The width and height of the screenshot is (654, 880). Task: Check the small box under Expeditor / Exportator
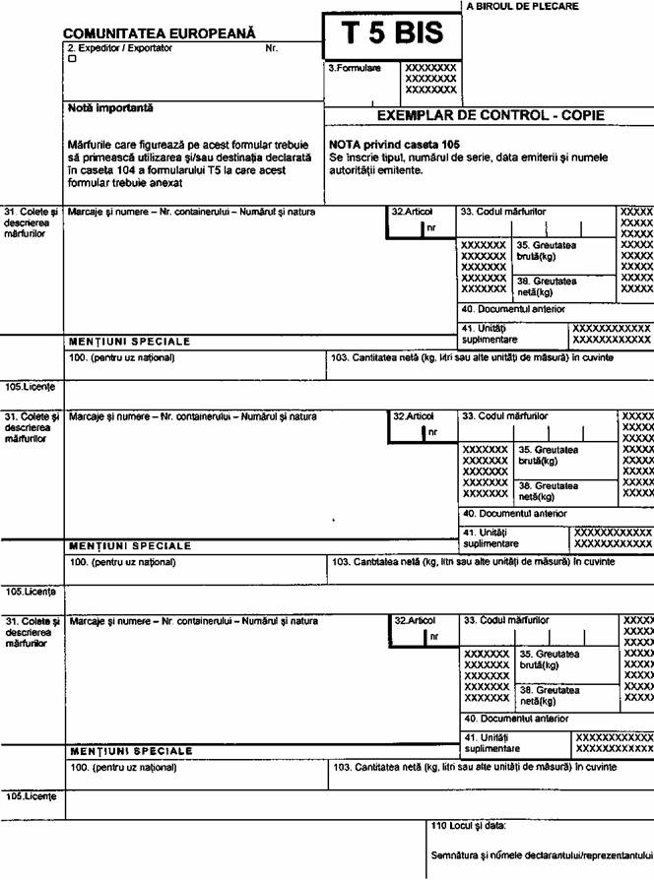(x=72, y=58)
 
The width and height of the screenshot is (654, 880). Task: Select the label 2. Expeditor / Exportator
(x=118, y=47)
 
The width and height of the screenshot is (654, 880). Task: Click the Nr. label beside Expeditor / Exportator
(x=272, y=47)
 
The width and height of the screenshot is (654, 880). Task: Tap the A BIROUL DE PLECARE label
(x=522, y=7)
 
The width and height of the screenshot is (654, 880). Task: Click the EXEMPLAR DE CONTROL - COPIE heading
(x=491, y=115)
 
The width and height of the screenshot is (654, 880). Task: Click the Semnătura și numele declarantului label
(x=542, y=854)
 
